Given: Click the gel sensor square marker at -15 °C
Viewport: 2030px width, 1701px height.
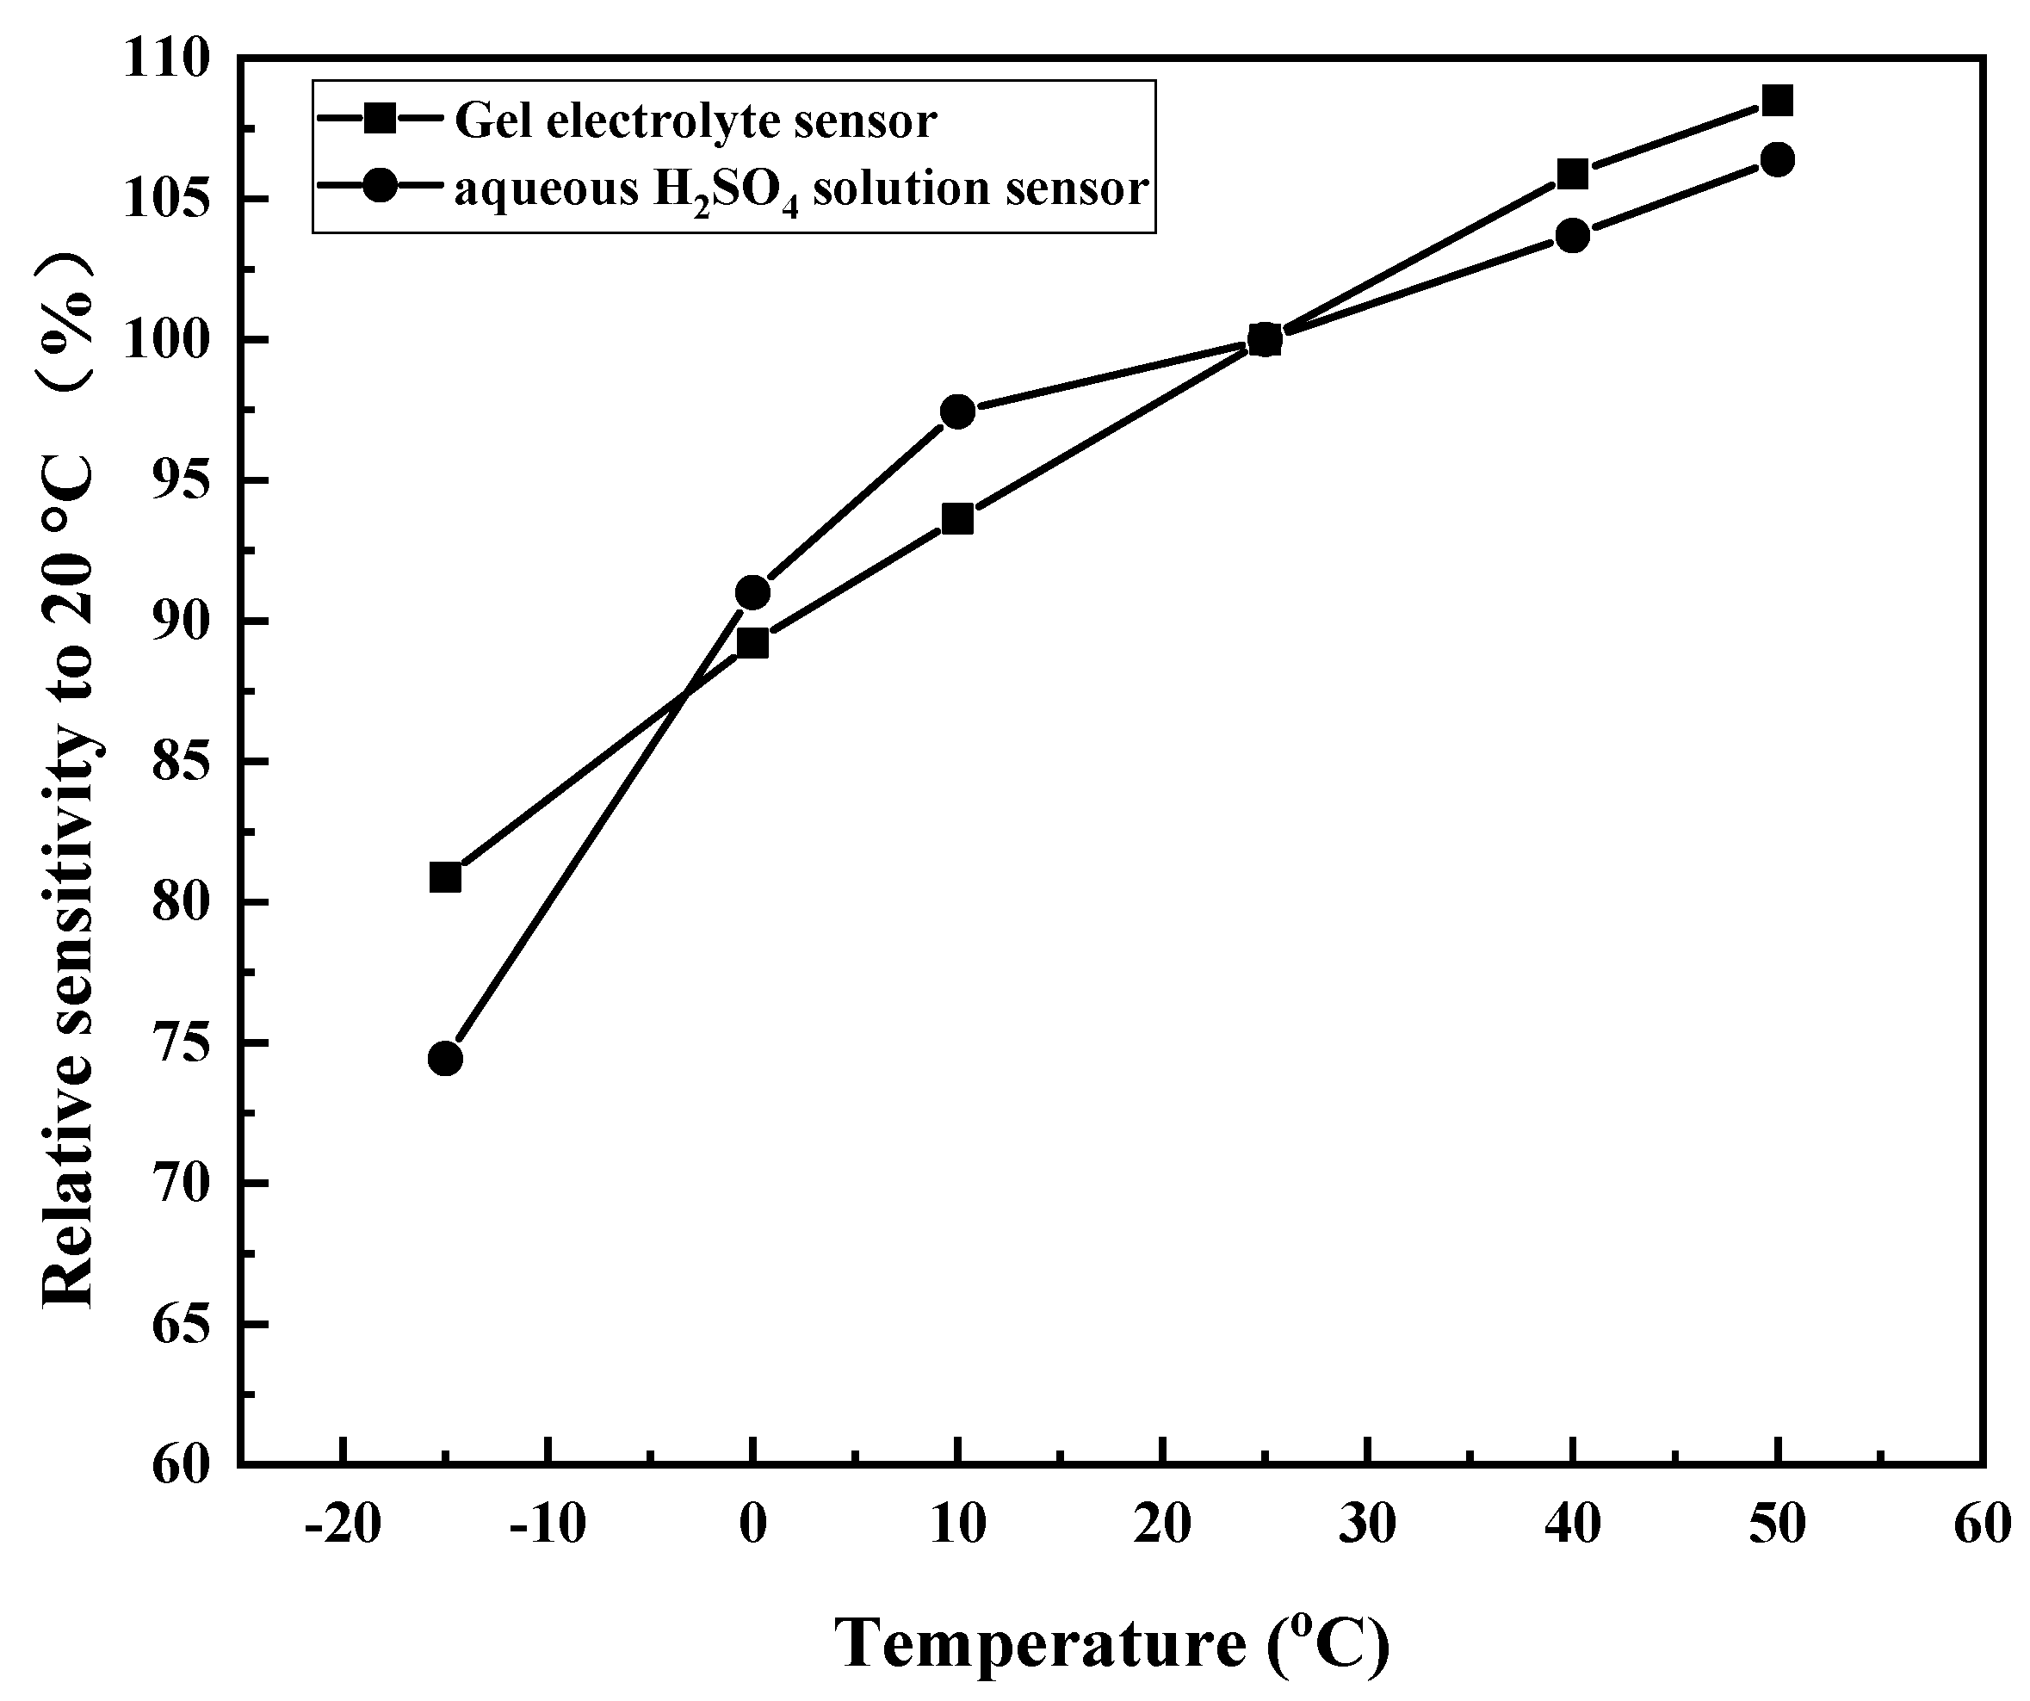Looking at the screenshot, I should point(445,877).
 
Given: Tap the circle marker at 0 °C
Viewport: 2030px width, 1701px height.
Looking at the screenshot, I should point(752,592).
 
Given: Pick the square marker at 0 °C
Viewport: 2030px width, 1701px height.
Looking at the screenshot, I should point(752,643).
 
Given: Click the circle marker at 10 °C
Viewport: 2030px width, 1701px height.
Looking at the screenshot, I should point(957,411).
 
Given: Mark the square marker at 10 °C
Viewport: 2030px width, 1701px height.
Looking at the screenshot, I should point(957,519).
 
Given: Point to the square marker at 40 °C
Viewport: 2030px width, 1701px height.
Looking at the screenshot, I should point(1573,175).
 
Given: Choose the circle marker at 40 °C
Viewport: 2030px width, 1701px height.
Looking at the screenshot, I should point(1573,236).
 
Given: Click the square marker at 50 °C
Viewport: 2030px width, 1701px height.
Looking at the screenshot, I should point(1778,101).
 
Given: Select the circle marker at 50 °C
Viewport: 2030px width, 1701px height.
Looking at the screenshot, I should point(1778,159).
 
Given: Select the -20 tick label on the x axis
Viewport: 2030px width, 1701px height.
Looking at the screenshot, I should point(342,1525).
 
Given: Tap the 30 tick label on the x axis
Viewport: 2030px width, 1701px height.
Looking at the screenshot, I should point(1368,1525).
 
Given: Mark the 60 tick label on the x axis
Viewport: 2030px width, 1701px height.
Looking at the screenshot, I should point(1982,1525).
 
